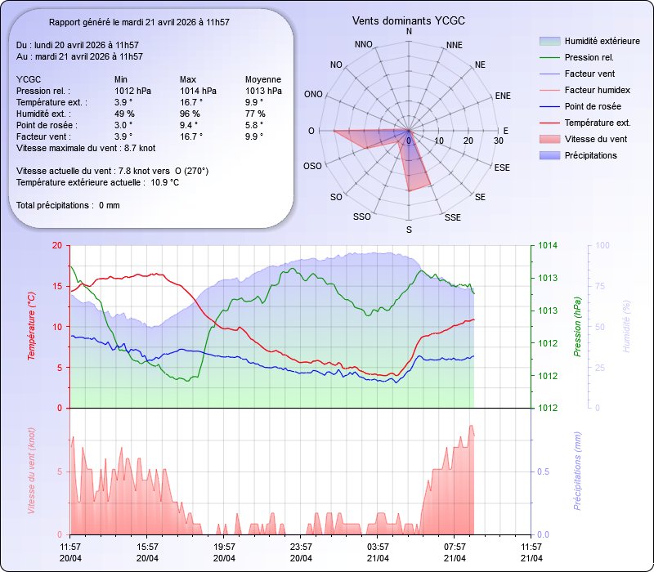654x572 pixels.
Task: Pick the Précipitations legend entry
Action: click(590, 155)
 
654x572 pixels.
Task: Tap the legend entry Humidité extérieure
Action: click(602, 41)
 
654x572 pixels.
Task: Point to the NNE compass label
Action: click(459, 45)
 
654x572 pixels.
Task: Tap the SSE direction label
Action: click(453, 217)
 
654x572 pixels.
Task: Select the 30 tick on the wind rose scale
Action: click(499, 141)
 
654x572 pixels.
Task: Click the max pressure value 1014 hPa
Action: click(199, 91)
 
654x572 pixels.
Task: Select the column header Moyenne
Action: click(263, 79)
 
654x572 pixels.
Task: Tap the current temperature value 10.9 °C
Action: click(164, 182)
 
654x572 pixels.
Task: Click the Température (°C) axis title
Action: click(32, 327)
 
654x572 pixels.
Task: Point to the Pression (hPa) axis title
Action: click(577, 327)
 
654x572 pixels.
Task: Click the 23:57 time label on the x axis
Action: click(301, 547)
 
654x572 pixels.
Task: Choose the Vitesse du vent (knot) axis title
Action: click(32, 471)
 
